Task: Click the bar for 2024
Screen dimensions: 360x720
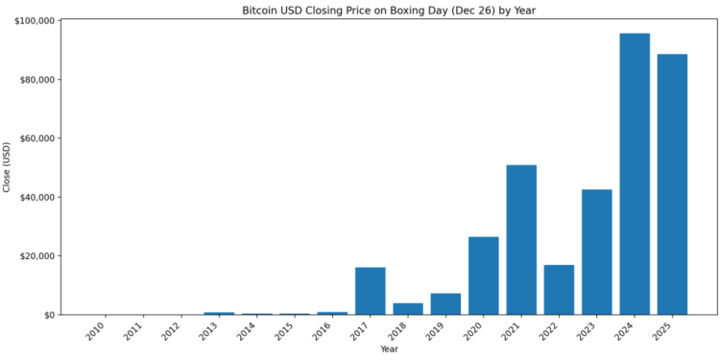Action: point(635,174)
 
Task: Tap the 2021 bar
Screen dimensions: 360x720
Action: point(521,240)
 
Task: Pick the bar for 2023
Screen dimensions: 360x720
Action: point(596,252)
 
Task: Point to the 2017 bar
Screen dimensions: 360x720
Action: point(371,291)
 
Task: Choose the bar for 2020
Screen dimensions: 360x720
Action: point(484,276)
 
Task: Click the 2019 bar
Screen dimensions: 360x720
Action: point(445,303)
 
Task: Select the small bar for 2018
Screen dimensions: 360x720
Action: point(408,309)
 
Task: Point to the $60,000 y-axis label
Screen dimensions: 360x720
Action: point(36,138)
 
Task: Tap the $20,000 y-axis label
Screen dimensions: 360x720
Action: point(36,256)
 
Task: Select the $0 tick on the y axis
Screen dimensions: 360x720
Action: point(47,315)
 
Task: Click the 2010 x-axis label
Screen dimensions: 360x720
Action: point(93,332)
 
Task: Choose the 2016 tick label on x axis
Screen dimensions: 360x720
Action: point(320,332)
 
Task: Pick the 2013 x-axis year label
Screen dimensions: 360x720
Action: point(206,332)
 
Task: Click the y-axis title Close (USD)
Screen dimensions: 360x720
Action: point(8,167)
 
